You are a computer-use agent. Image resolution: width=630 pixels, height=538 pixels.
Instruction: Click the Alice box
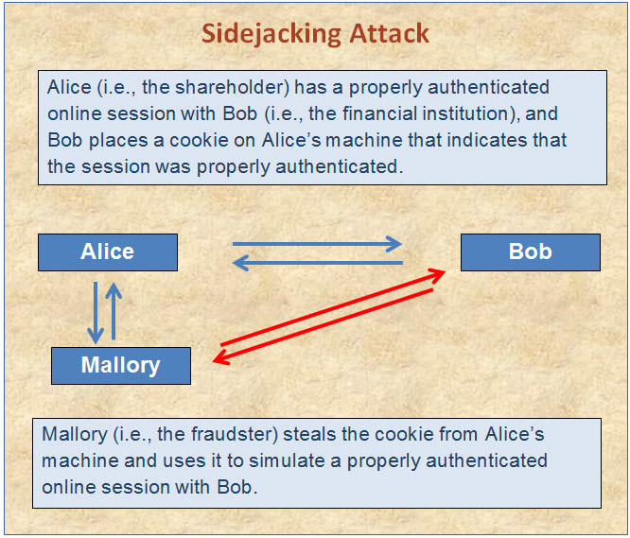pyautogui.click(x=108, y=252)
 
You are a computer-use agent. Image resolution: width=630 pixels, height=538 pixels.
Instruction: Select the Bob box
pyautogui.click(x=531, y=252)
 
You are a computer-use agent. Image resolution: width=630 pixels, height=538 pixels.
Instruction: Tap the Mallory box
pyautogui.click(x=121, y=366)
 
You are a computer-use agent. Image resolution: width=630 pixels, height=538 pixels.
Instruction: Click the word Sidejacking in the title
pyautogui.click(x=271, y=35)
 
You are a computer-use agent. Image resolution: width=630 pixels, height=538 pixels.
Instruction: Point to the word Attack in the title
pyautogui.click(x=389, y=33)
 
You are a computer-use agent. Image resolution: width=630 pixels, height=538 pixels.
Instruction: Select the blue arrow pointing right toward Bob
pyautogui.click(x=317, y=244)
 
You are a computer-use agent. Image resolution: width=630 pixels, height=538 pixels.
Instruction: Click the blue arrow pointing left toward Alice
pyautogui.click(x=318, y=263)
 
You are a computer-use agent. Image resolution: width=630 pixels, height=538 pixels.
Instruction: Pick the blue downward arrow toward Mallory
pyautogui.click(x=96, y=312)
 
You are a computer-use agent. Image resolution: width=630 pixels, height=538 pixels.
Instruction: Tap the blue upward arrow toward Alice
pyautogui.click(x=114, y=311)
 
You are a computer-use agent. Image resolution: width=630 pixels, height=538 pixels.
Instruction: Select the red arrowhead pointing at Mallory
pyautogui.click(x=220, y=357)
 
